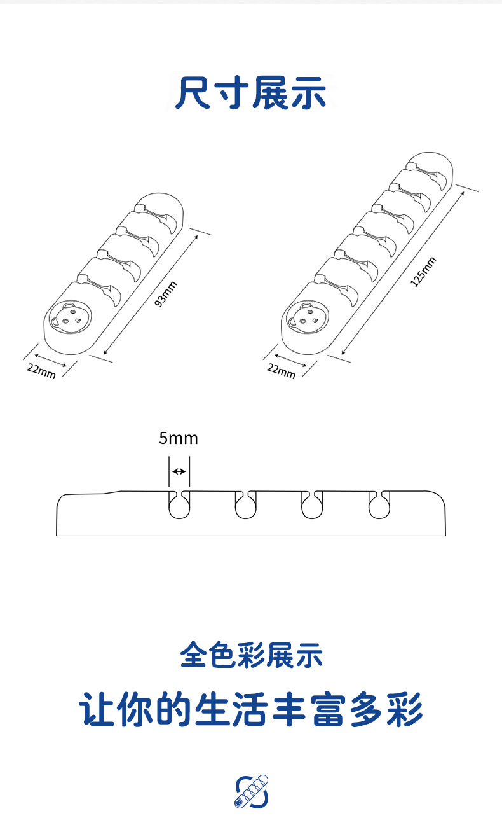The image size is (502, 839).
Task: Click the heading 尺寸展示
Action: click(x=251, y=93)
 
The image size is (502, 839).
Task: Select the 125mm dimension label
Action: click(x=423, y=272)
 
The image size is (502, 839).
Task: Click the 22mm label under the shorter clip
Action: click(x=41, y=370)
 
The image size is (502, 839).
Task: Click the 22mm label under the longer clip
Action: click(x=281, y=370)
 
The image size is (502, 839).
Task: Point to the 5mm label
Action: click(x=178, y=438)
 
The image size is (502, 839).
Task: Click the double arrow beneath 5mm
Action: click(x=179, y=471)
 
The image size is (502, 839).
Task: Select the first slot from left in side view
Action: click(x=179, y=505)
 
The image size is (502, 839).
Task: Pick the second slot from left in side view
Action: click(x=245, y=505)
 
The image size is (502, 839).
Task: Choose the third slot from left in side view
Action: click(x=311, y=505)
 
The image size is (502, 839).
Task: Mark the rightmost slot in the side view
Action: click(x=379, y=505)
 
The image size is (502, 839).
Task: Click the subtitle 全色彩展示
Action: click(x=251, y=655)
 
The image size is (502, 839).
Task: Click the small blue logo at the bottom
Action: click(x=252, y=792)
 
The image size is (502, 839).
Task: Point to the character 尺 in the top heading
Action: click(x=193, y=93)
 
